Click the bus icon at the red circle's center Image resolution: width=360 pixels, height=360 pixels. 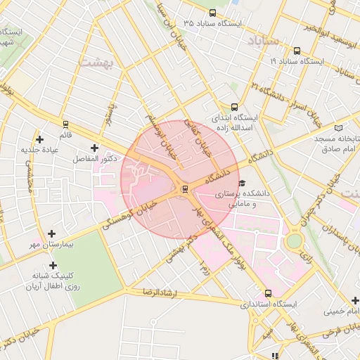[184, 188]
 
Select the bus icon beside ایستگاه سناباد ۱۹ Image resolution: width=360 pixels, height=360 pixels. [296, 51]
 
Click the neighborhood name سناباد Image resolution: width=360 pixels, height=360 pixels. [263, 41]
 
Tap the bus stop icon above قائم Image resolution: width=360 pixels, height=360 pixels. [65, 123]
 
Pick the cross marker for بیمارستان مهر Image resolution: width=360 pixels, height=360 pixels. [51, 233]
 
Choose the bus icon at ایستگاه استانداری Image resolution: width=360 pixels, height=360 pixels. [268, 293]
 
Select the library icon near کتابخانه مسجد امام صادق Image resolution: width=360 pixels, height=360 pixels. [338, 128]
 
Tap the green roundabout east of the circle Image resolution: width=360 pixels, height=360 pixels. [294, 241]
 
